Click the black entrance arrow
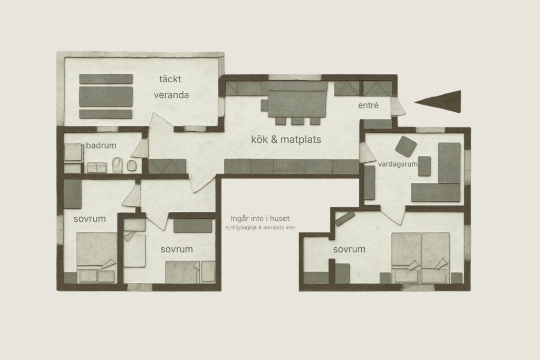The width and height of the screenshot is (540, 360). click(441, 101)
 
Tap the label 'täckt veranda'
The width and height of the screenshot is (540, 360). click(171, 87)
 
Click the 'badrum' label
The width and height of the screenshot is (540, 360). click(101, 145)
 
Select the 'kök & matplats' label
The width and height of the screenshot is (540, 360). click(286, 139)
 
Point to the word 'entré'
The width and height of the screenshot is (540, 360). click(368, 105)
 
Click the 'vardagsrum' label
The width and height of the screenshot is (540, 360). click(398, 164)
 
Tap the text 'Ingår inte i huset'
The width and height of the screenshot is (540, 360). click(260, 218)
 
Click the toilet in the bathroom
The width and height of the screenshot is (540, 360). click(118, 165)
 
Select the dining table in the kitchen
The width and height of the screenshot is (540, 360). click(297, 104)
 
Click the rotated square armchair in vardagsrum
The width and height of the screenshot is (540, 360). click(406, 146)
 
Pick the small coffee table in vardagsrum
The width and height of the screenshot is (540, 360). click(425, 166)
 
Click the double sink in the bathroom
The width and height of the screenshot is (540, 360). click(97, 168)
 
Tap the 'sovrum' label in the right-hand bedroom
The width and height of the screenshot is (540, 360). click(349, 249)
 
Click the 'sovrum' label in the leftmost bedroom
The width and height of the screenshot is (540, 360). click(90, 219)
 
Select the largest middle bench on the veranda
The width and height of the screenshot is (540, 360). click(105, 96)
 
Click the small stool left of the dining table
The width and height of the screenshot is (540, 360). click(264, 105)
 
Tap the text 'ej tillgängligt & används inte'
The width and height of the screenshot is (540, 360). click(260, 228)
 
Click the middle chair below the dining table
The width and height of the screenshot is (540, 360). click(297, 121)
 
